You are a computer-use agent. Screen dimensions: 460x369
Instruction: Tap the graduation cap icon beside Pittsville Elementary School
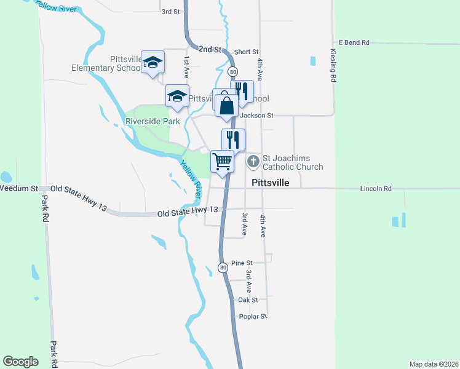[153, 62]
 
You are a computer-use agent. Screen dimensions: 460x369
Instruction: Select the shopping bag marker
[226, 105]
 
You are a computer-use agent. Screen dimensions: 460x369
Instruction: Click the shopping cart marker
[222, 162]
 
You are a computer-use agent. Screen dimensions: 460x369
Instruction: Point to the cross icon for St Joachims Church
[253, 162]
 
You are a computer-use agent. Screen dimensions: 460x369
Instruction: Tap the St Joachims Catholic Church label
[293, 162]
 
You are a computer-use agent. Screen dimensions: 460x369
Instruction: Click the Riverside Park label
[153, 121]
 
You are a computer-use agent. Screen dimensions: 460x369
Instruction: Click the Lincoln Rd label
[376, 188]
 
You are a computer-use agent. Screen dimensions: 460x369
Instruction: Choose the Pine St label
[237, 263]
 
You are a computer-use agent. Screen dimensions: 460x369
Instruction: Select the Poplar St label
[252, 316]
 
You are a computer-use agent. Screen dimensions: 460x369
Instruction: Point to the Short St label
[247, 52]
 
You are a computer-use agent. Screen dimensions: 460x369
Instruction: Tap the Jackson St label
[256, 115]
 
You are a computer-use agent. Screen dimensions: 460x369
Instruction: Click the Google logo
[20, 362]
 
